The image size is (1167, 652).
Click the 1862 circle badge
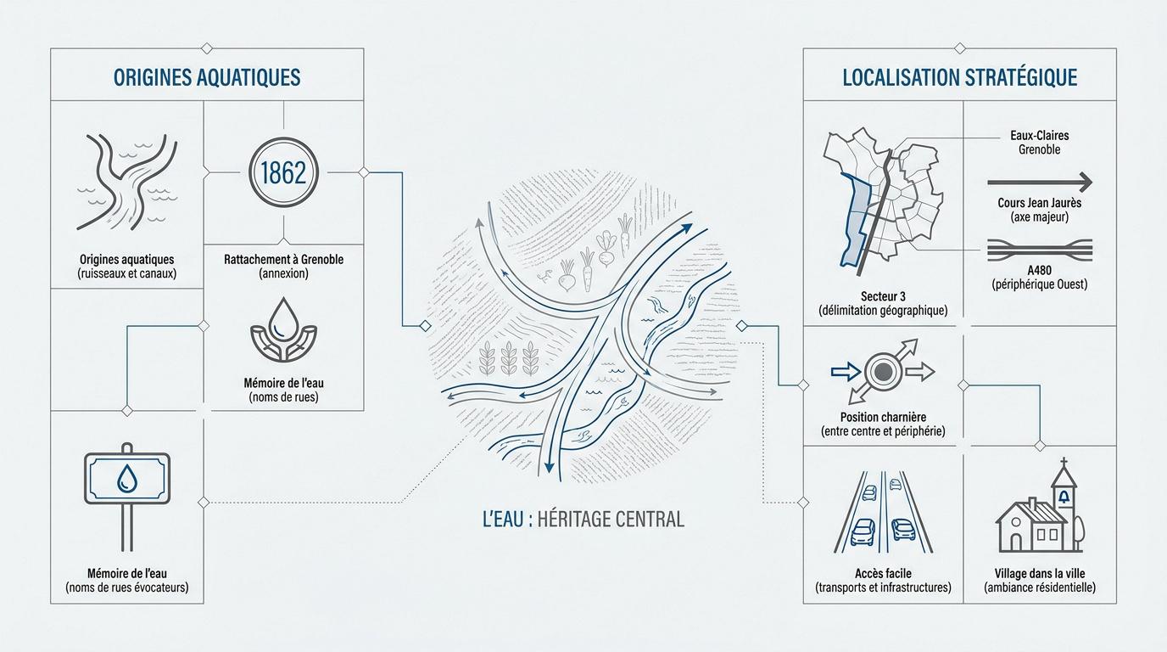click(283, 172)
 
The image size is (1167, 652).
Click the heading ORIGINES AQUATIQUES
click(207, 77)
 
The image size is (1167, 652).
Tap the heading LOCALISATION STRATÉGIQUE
click(960, 77)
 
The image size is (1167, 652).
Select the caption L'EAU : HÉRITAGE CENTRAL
click(583, 519)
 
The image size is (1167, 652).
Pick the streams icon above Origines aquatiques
click(127, 182)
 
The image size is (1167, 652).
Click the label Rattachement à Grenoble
click(283, 259)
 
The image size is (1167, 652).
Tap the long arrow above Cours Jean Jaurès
click(1040, 183)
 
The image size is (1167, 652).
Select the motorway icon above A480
click(1040, 250)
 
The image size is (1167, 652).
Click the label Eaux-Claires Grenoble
click(1040, 143)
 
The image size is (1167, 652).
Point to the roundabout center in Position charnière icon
click(883, 372)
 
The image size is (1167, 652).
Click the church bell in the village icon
click(1064, 497)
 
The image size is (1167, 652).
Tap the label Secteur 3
click(883, 296)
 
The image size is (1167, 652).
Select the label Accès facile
click(883, 573)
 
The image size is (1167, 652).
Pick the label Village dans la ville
click(1040, 573)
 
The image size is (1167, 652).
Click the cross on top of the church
click(1064, 463)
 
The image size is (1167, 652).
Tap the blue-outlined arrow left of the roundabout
click(846, 371)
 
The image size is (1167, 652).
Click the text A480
click(1040, 270)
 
